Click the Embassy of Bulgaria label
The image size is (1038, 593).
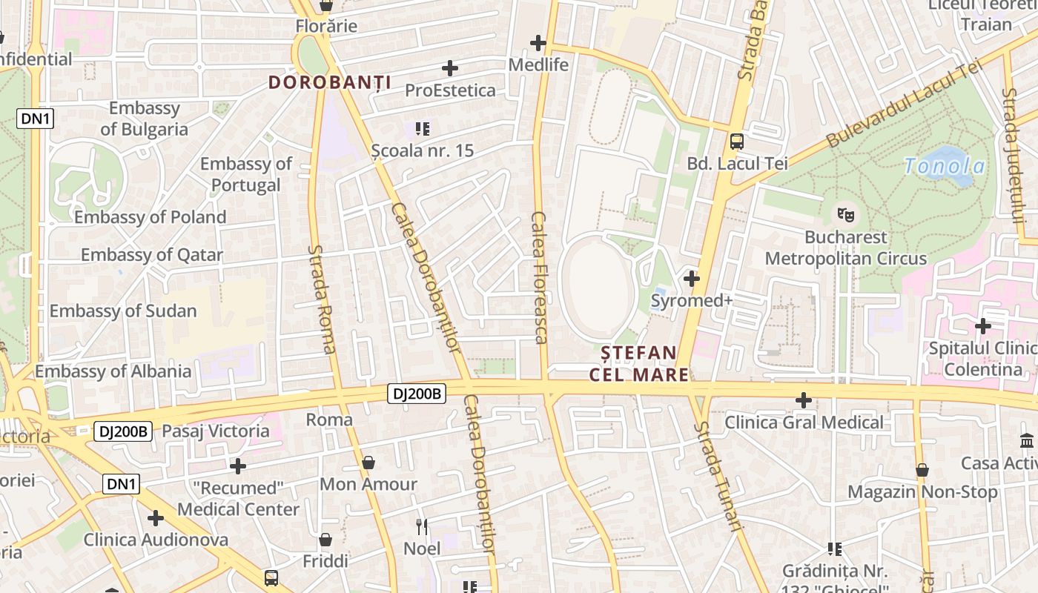pos(144,119)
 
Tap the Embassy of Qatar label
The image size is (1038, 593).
pos(151,255)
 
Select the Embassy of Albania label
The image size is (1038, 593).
pos(113,371)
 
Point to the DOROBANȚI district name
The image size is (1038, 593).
pos(329,82)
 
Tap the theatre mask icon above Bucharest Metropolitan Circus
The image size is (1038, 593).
pos(844,215)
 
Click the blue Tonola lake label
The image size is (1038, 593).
pos(945,166)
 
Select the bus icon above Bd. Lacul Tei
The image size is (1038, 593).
pos(736,141)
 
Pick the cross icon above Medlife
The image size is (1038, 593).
pos(538,43)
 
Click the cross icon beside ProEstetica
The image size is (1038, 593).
pos(449,68)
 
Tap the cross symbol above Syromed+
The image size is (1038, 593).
pos(691,279)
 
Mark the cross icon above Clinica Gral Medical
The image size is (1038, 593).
pos(803,400)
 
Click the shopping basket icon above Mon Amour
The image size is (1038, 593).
pos(368,463)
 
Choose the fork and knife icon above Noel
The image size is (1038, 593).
pos(421,527)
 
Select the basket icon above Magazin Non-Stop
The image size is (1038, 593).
pos(922,470)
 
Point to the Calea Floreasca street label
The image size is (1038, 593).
pos(539,278)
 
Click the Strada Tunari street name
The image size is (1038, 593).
pos(718,477)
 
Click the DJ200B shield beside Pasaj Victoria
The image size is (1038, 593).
pos(123,431)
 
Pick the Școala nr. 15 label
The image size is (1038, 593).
pos(422,150)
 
